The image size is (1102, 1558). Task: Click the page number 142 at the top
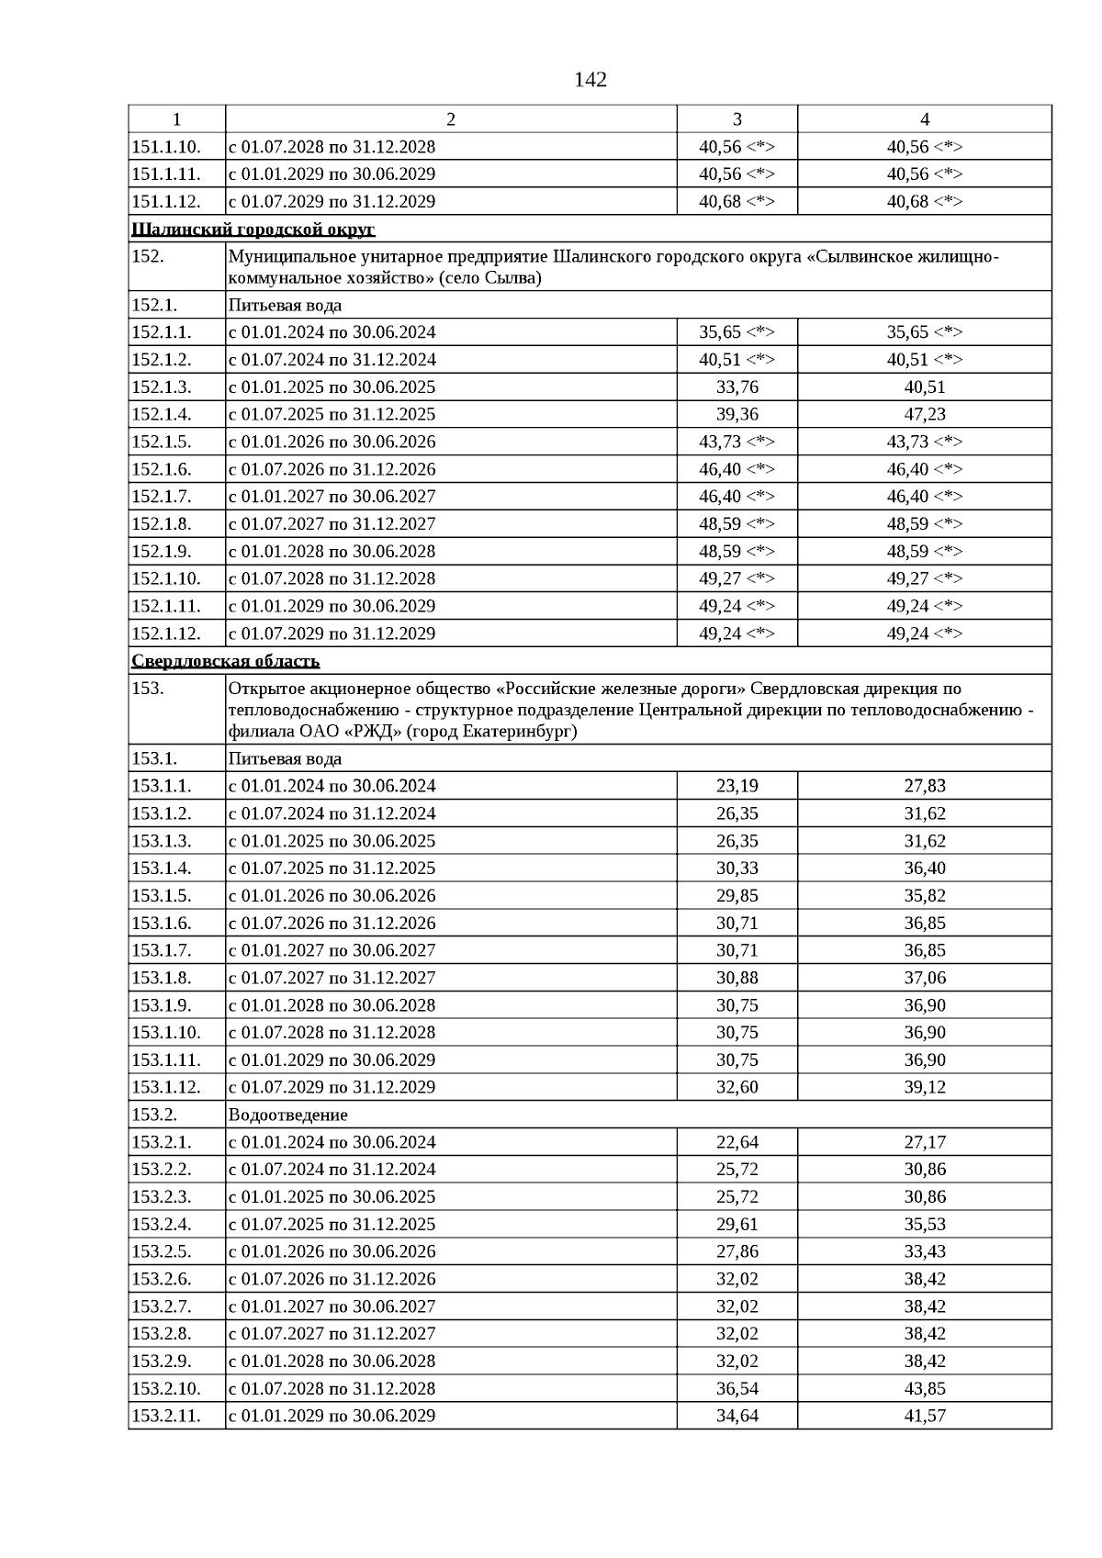coord(590,80)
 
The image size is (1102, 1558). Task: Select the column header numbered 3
coord(737,119)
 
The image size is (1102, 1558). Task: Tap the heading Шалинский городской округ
coord(253,230)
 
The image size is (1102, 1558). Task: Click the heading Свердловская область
coord(226,661)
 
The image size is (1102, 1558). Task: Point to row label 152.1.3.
coord(163,387)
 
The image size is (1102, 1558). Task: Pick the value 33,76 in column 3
coord(737,387)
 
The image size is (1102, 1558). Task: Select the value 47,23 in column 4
coord(925,414)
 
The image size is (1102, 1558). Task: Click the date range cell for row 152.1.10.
coord(332,578)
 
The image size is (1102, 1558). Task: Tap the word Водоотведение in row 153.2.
coord(288,1115)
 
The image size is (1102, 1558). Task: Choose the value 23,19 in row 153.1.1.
coord(737,786)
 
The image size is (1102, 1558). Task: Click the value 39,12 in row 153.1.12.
coord(925,1087)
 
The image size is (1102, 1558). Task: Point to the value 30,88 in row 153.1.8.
coord(737,978)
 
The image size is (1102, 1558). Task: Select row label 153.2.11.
coord(166,1416)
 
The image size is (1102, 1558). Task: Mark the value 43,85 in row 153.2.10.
coord(925,1388)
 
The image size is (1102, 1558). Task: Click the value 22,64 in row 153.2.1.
coord(737,1142)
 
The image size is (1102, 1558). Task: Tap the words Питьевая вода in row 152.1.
coord(285,305)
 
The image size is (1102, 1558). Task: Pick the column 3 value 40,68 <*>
coord(737,202)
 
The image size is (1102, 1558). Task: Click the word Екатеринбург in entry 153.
coord(518,732)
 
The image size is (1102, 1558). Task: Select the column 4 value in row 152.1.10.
coord(925,578)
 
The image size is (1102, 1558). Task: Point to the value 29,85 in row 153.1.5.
coord(737,895)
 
